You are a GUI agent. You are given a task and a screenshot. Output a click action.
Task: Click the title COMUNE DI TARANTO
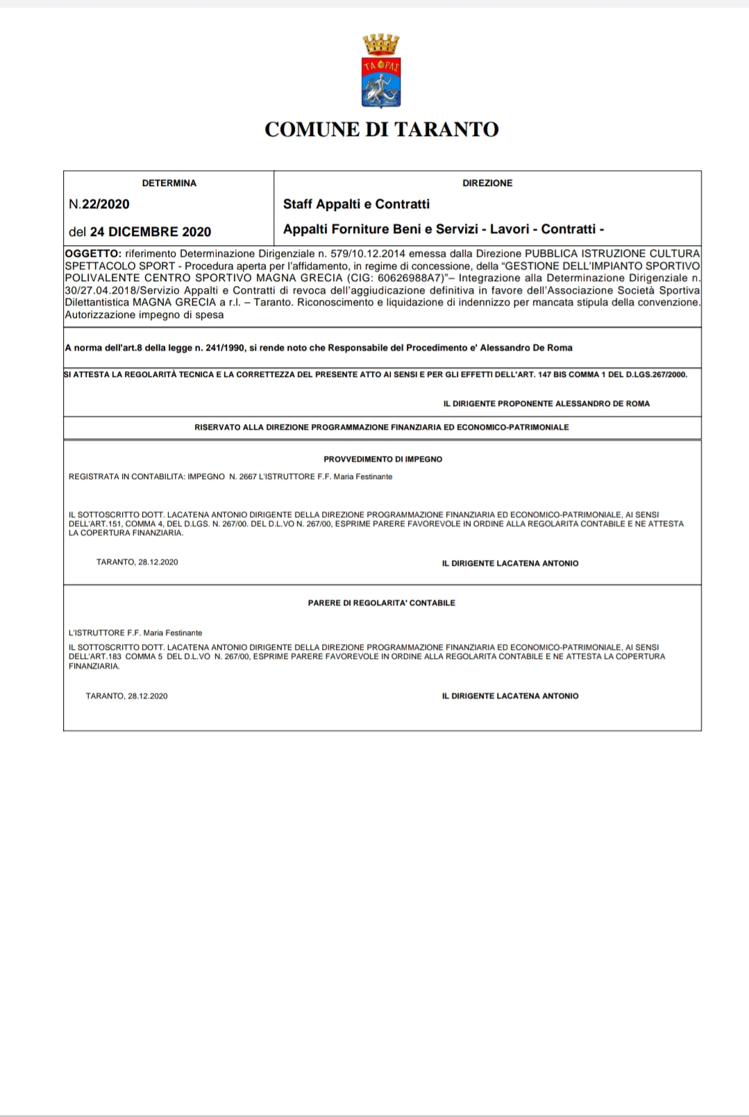tap(381, 130)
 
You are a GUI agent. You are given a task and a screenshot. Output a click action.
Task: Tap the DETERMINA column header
tap(169, 183)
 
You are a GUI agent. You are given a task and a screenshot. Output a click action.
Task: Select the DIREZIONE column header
tap(487, 183)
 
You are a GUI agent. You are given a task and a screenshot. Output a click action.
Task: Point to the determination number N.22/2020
tap(99, 204)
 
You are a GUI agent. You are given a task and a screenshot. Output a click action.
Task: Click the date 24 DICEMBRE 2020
tap(150, 232)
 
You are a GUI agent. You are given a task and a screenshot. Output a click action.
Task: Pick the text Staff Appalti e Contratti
tap(356, 204)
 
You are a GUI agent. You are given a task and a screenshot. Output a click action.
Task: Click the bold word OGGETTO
tap(93, 253)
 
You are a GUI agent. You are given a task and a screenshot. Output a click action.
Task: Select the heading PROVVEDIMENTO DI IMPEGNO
tap(382, 459)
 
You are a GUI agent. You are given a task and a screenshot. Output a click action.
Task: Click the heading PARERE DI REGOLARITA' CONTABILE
tap(381, 603)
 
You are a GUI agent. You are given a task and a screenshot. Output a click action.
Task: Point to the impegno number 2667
tap(247, 477)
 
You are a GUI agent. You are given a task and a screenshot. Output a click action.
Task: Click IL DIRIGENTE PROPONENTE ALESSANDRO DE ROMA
tap(546, 403)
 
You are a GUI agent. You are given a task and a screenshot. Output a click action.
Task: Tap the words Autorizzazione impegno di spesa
tap(144, 315)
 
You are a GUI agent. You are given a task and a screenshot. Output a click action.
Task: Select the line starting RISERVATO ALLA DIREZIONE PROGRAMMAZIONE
tap(381, 428)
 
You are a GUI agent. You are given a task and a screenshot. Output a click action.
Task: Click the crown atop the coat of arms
tap(381, 45)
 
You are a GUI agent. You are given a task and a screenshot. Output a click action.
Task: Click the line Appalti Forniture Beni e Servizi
tap(444, 229)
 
